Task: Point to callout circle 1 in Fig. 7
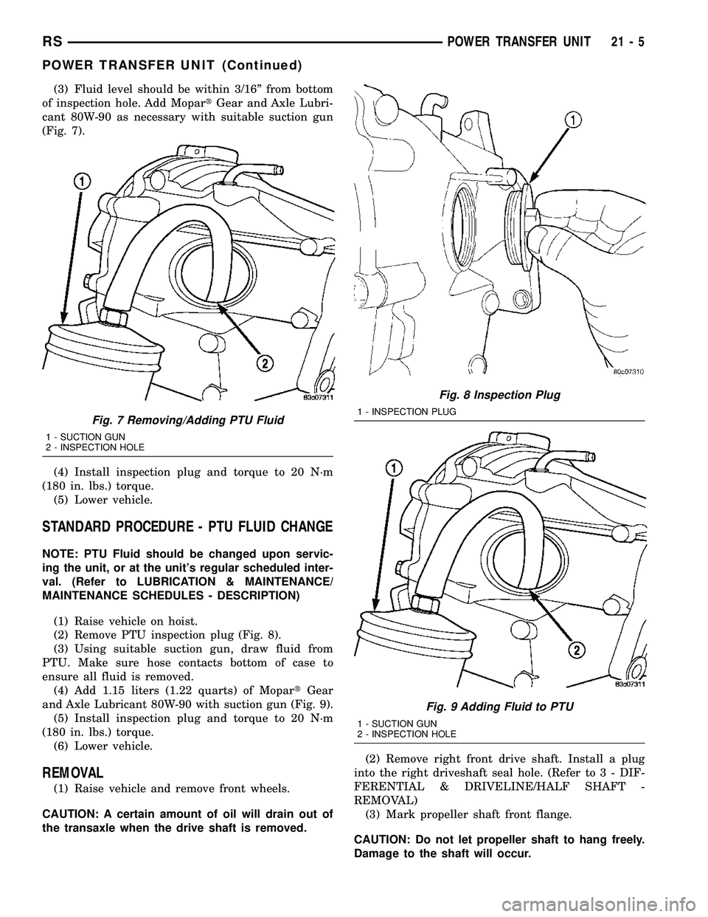click(82, 181)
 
